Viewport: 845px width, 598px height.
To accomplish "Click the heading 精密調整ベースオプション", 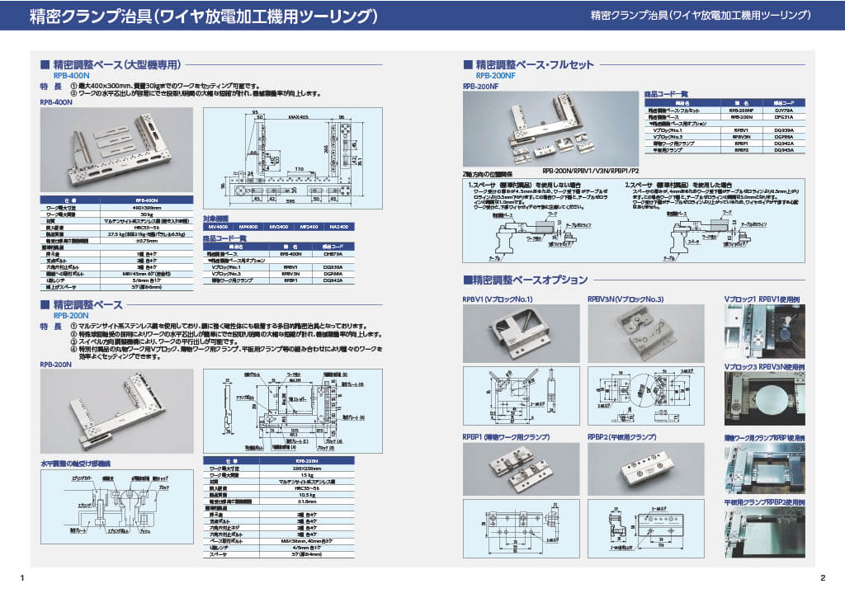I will [530, 280].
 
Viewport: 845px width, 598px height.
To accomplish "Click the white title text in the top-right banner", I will [701, 15].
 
